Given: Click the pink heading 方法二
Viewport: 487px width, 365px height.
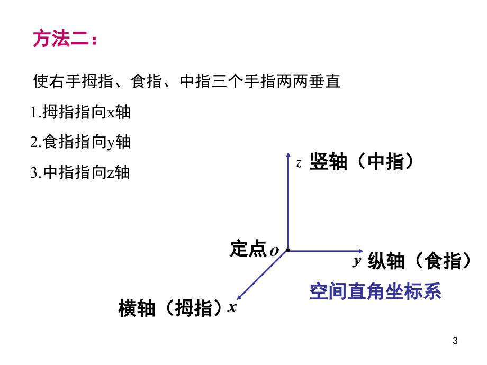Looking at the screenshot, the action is [x=65, y=38].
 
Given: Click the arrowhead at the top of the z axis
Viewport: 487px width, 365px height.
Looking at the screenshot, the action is [x=288, y=154].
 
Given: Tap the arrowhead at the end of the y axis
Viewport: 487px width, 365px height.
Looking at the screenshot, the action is [x=360, y=251].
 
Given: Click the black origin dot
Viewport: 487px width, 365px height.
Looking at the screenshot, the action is [x=288, y=250].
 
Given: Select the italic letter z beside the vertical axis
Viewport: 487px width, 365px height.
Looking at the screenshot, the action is [x=299, y=163].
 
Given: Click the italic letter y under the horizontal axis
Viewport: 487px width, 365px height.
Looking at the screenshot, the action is [x=357, y=261].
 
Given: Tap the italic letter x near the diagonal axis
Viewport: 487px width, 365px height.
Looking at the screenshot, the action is [x=232, y=307].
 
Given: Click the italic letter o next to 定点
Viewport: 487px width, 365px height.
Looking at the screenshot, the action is [x=274, y=251].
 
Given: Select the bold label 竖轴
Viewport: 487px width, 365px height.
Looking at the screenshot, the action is [x=328, y=161].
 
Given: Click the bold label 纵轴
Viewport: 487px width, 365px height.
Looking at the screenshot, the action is [x=386, y=261].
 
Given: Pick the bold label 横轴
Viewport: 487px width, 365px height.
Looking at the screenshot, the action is [x=137, y=308].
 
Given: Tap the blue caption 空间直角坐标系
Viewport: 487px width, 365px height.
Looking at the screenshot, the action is [x=375, y=291].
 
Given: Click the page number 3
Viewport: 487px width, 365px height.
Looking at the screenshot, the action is [x=455, y=341].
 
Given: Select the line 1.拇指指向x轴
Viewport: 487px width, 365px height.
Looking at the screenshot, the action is [x=80, y=112].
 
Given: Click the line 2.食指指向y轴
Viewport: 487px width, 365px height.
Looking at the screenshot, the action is [x=80, y=142].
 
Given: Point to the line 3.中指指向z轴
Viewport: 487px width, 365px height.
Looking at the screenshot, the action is [x=80, y=172].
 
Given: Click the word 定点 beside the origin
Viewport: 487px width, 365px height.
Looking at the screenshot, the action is [x=248, y=249].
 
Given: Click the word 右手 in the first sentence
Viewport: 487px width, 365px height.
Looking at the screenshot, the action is [x=58, y=81].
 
